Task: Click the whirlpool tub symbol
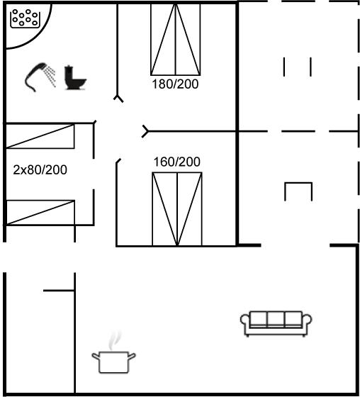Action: pos(25,18)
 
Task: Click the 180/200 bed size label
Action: pos(175,84)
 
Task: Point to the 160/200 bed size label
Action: pos(177,162)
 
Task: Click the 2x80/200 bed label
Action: pos(40,169)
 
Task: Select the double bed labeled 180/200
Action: pos(176,40)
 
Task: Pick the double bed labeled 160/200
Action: pos(177,209)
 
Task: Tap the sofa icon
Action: pos(276,323)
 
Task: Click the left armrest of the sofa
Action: pos(244,320)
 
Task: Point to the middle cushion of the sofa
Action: pos(276,318)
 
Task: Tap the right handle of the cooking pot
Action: pos(132,356)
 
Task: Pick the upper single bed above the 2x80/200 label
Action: pos(40,136)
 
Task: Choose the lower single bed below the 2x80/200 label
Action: pos(40,213)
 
